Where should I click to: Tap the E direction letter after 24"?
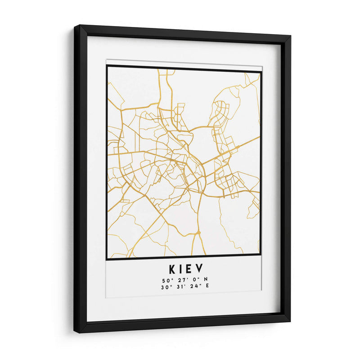[x=207, y=286]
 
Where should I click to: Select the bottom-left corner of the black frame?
[x=75, y=332]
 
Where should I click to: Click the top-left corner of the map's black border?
[x=107, y=66]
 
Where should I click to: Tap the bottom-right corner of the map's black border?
[x=261, y=256]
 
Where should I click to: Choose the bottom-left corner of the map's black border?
[x=107, y=259]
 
